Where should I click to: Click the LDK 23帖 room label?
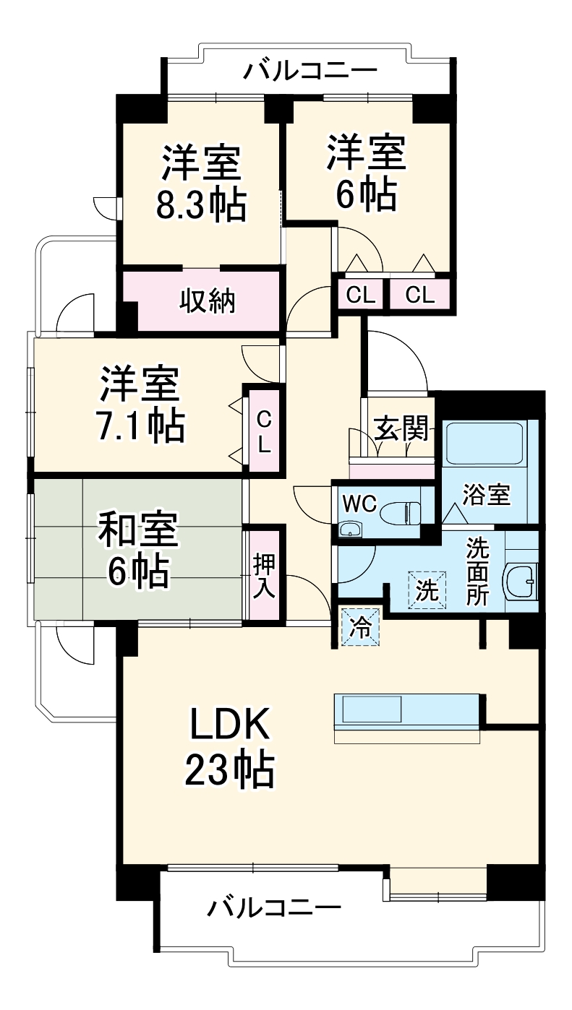(x=230, y=748)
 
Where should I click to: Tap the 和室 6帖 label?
(x=137, y=550)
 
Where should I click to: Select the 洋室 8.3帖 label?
(x=201, y=184)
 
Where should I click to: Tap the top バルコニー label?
(x=310, y=71)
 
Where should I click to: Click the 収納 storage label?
(x=208, y=300)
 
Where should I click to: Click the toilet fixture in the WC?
(x=406, y=512)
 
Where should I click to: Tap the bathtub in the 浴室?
(x=485, y=444)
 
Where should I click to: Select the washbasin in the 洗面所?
(x=520, y=579)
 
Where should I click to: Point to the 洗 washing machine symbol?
(x=427, y=591)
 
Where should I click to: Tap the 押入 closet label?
(x=263, y=575)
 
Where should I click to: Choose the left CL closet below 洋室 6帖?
(x=360, y=295)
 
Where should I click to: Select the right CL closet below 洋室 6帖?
(x=419, y=295)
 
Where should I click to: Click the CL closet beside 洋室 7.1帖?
(x=264, y=431)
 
